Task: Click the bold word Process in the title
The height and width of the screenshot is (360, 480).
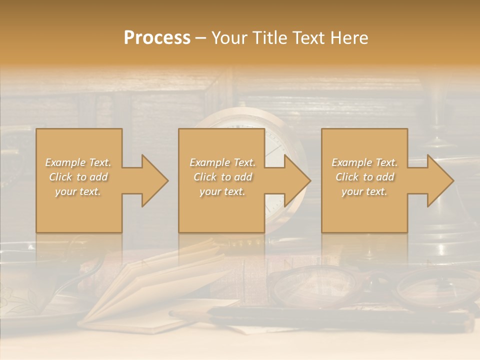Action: (157, 38)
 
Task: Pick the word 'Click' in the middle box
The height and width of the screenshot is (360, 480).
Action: (205, 177)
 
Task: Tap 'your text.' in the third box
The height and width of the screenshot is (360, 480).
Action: (364, 191)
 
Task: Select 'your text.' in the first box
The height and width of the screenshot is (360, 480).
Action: (78, 191)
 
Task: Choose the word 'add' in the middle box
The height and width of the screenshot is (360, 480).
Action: (243, 177)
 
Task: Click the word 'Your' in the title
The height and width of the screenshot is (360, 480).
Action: (228, 38)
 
